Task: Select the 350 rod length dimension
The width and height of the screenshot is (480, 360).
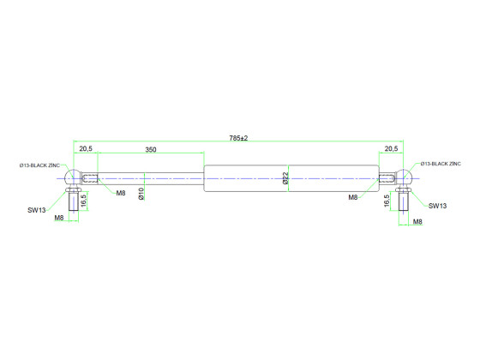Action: pos(150,149)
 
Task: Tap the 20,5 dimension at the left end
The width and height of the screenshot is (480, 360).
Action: pos(87,149)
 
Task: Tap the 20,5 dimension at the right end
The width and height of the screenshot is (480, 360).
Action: pos(392,149)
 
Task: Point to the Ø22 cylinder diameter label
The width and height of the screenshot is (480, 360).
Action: pos(285,178)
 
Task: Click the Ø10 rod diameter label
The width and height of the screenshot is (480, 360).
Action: pos(141,194)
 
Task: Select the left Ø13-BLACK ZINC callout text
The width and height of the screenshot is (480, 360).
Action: pos(40,163)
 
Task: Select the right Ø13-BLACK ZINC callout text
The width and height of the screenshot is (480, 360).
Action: pos(441,163)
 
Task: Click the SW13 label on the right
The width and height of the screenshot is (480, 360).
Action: pos(437,206)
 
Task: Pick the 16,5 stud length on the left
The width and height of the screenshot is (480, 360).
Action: pos(83,200)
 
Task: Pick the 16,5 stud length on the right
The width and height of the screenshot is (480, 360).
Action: pos(389,200)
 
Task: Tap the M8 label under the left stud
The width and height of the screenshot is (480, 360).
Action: pos(59,219)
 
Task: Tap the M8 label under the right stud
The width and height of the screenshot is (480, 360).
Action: pos(417,222)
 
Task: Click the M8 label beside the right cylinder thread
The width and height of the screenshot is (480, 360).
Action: pos(352,197)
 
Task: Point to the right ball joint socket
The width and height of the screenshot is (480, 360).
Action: pos(405,179)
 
